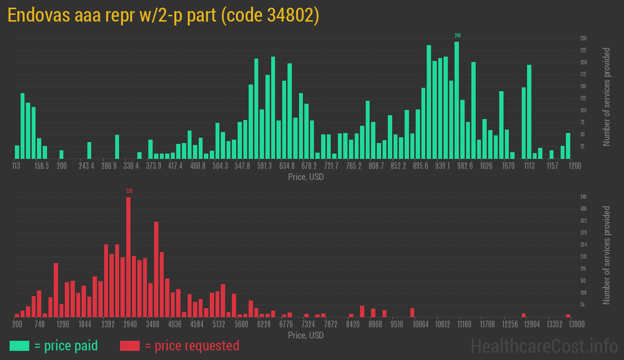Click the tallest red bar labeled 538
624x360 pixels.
[128, 257]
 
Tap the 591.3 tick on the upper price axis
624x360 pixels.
[264, 166]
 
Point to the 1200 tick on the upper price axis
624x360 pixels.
[575, 166]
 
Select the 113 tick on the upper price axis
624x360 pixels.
[16, 166]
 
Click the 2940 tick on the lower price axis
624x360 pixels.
[130, 324]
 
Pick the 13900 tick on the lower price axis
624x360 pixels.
[576, 324]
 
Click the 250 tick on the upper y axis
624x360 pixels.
[583, 38]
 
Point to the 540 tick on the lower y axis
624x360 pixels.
[583, 197]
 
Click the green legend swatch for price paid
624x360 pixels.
[19, 346]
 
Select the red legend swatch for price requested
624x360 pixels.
[130, 346]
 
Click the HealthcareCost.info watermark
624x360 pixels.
[544, 346]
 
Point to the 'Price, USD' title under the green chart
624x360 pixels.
[306, 177]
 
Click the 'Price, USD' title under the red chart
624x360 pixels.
[306, 335]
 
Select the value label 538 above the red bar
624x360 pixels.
[129, 191]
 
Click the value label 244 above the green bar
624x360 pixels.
[457, 36]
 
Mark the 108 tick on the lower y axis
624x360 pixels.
[583, 293]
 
